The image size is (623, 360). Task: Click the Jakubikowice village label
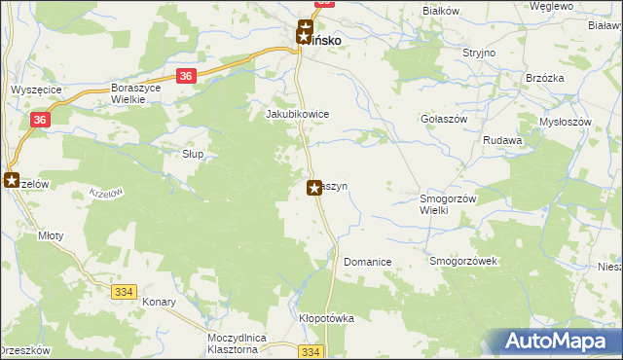(298, 114)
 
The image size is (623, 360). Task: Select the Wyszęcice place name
(36, 89)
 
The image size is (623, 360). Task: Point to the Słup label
(193, 154)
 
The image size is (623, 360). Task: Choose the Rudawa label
(503, 140)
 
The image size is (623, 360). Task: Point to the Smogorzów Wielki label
(446, 203)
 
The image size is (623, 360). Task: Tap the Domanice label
(367, 262)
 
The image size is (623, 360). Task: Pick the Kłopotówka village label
(326, 318)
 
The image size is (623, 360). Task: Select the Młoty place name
(51, 234)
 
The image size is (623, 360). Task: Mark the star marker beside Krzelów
(12, 180)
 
